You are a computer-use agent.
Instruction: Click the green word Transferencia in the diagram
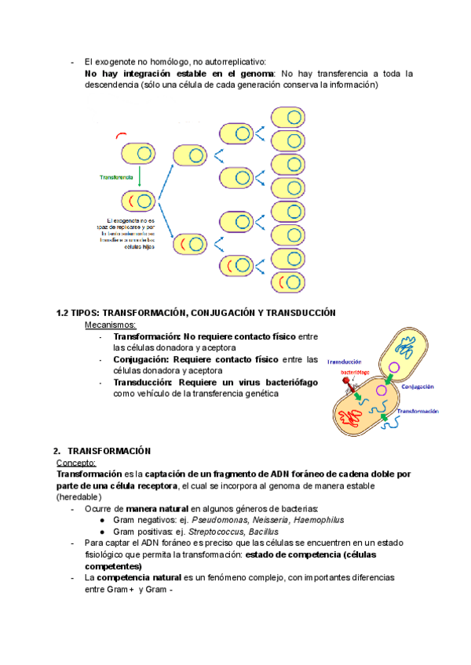click(x=116, y=177)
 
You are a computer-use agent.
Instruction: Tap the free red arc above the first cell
click(x=120, y=135)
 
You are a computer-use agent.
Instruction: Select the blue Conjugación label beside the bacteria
click(x=418, y=386)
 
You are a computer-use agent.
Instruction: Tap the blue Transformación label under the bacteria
click(x=416, y=411)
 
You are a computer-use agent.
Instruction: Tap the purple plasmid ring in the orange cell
click(x=382, y=390)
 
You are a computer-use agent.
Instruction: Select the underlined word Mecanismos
click(x=110, y=325)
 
